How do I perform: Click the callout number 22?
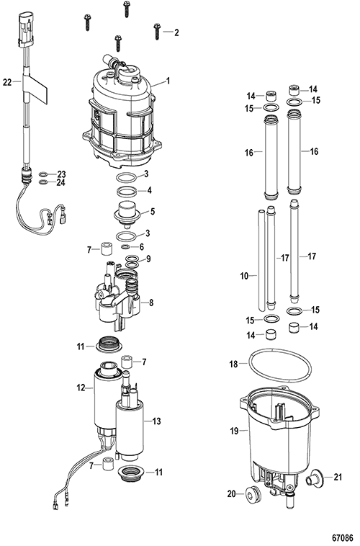[7, 82]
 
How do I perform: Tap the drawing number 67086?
[343, 537]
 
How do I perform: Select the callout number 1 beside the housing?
[168, 81]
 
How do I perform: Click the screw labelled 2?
[157, 32]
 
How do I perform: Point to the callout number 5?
[153, 212]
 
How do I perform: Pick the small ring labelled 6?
[126, 247]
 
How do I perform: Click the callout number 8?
[151, 303]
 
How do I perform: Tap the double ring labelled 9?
[131, 262]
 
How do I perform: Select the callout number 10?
[244, 276]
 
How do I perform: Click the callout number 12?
[81, 388]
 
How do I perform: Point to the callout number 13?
[157, 421]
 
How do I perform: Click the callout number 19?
[234, 431]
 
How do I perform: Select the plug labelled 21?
[315, 478]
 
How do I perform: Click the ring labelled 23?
[44, 174]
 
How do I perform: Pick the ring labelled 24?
[44, 182]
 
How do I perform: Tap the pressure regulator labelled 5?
[127, 212]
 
